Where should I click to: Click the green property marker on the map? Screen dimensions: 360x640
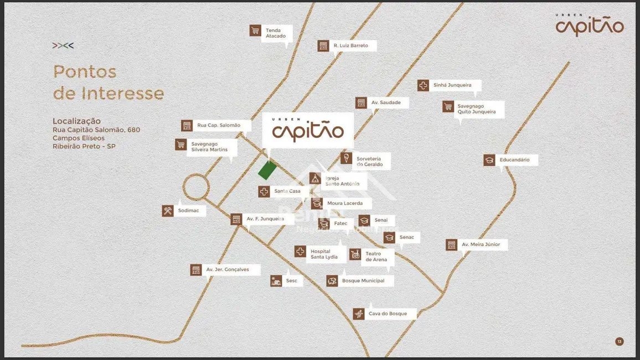(x=266, y=171)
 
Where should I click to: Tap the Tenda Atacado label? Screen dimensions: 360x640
(x=276, y=33)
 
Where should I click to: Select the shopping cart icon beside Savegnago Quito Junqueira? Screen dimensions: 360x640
(x=448, y=106)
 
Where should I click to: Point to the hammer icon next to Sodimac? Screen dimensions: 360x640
(x=168, y=211)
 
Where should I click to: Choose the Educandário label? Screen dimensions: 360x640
(x=514, y=160)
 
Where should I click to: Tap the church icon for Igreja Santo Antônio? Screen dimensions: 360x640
(x=315, y=178)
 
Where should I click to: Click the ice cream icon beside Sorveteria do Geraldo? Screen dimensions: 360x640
(x=346, y=159)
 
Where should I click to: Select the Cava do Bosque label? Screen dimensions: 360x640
(x=388, y=314)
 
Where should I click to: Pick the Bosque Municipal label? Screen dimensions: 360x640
(x=363, y=281)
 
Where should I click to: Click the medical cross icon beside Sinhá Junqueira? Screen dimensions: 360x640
(x=423, y=85)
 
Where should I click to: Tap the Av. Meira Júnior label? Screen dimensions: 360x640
(x=481, y=245)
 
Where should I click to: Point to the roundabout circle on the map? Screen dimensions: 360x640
(x=195, y=187)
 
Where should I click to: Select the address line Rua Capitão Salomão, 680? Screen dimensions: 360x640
(x=96, y=130)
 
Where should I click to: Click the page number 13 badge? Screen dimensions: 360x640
(x=620, y=342)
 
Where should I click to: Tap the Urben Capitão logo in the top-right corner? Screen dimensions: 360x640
(x=590, y=25)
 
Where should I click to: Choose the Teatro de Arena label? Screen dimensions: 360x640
(x=376, y=257)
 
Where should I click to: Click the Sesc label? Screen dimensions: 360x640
(x=291, y=281)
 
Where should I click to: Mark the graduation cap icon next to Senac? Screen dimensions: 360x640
(x=390, y=238)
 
